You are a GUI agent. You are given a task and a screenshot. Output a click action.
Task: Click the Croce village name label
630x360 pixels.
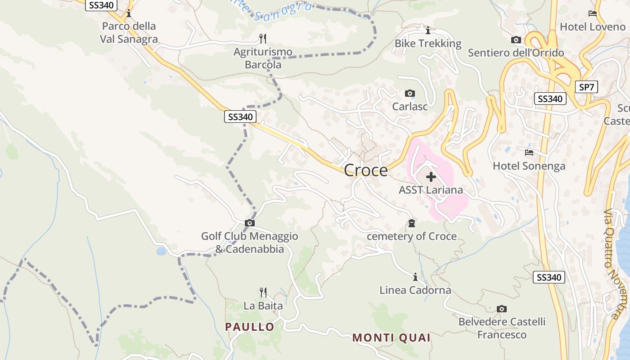[365, 170]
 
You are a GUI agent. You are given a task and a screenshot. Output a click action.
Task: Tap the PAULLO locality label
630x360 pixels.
[250, 327]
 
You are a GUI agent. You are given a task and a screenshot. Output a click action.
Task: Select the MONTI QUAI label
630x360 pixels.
[391, 337]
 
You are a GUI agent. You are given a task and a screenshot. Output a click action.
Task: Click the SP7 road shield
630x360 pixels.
[586, 87]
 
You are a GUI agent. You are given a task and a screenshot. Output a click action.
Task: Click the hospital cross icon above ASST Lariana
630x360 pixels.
[431, 177]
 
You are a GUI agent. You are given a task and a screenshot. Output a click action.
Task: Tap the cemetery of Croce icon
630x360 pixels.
[411, 223]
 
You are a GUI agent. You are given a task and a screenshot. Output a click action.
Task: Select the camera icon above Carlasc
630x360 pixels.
[409, 94]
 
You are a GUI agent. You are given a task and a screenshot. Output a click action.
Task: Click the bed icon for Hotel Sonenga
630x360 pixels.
[529, 153]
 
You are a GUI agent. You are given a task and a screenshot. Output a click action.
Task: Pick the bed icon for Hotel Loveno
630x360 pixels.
[593, 13]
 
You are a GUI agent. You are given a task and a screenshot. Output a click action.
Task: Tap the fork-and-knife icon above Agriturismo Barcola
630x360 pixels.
[263, 38]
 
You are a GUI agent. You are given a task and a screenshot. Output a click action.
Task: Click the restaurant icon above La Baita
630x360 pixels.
[263, 292]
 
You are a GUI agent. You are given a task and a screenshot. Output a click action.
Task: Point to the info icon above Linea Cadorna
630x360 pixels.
[415, 276]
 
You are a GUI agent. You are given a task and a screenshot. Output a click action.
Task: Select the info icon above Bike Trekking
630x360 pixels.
[428, 31]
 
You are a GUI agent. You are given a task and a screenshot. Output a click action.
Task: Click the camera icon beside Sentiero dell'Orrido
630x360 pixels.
[516, 40]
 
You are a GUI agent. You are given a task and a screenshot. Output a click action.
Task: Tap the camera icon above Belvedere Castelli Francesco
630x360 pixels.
[502, 309]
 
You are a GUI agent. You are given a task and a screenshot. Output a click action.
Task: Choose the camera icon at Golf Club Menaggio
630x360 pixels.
[249, 223]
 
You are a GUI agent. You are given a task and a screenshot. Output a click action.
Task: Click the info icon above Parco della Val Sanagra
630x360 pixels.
[129, 13]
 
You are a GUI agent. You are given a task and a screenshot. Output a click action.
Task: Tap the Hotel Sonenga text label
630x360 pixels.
[529, 166]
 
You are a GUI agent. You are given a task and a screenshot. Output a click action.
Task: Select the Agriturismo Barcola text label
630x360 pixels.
[263, 58]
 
